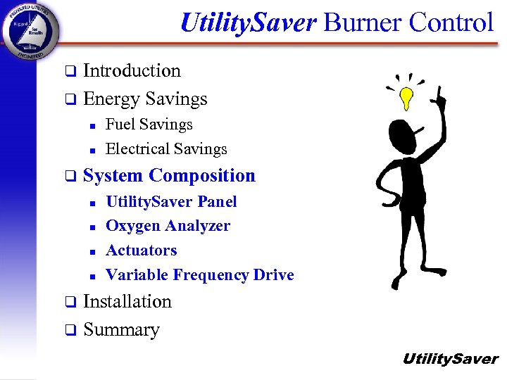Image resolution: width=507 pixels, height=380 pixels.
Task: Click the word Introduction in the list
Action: tap(132, 71)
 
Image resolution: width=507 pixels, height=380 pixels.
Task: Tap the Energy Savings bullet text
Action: tap(145, 99)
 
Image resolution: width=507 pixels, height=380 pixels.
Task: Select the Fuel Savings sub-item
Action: tap(149, 125)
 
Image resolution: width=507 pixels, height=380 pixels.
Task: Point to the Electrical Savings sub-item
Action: tap(166, 149)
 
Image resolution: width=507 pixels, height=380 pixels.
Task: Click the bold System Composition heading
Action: tap(169, 176)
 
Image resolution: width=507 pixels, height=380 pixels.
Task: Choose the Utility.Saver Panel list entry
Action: tap(171, 202)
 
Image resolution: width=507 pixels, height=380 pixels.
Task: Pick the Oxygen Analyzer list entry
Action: tap(168, 226)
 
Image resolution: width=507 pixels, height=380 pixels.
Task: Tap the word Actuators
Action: tap(141, 251)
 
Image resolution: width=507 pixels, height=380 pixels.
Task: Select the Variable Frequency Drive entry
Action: tap(199, 275)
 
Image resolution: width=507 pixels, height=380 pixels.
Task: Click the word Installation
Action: tap(127, 302)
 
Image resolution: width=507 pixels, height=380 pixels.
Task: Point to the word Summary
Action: tap(121, 330)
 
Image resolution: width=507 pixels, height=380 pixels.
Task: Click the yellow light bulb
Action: tap(406, 98)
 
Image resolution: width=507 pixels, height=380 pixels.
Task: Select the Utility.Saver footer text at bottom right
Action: tap(450, 360)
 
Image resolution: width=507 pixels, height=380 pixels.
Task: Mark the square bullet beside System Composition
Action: tap(69, 177)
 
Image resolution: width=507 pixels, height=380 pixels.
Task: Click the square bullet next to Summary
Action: tap(69, 331)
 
